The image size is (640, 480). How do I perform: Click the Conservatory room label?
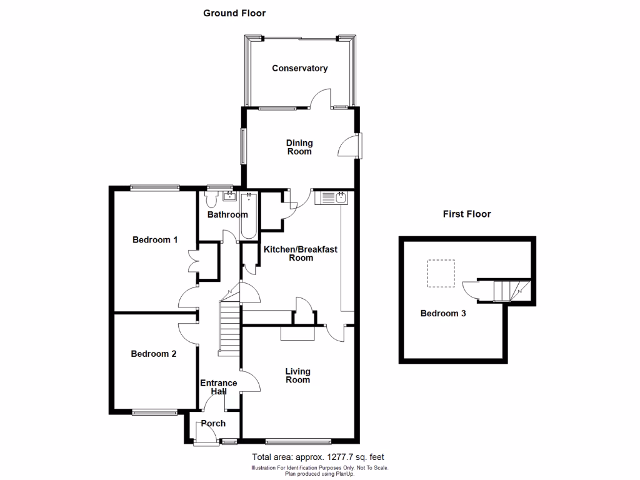(299, 68)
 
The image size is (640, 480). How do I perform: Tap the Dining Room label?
(299, 147)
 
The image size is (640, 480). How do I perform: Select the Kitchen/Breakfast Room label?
(300, 253)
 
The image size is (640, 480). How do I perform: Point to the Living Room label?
(297, 375)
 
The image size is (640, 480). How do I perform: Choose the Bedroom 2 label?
(153, 354)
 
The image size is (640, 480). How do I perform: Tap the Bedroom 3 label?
(442, 314)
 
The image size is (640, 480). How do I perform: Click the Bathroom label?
(227, 214)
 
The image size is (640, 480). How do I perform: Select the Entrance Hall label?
(218, 387)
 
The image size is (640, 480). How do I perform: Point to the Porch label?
(213, 423)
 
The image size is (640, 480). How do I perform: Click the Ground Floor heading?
(234, 13)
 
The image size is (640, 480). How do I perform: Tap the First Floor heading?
(467, 214)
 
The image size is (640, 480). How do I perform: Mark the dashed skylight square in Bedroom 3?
(441, 273)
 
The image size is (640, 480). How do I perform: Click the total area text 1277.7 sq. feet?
(322, 457)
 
